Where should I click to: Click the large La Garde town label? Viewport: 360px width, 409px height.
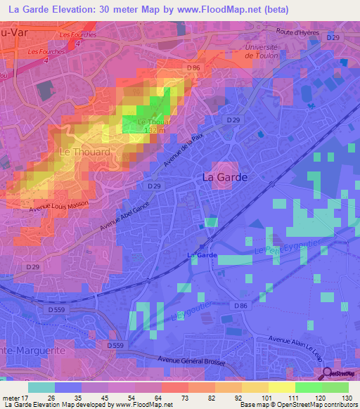225,178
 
